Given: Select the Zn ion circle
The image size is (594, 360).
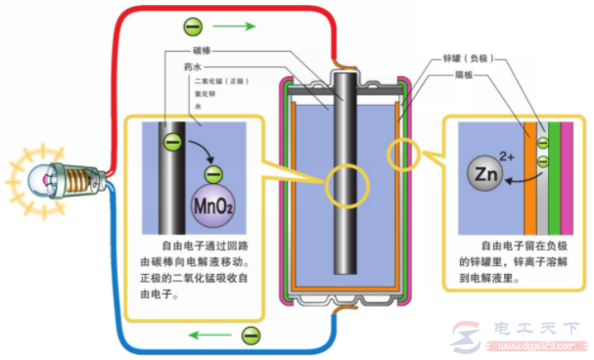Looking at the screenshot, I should tap(486, 176).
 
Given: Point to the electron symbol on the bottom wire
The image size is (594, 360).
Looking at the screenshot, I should tap(252, 336).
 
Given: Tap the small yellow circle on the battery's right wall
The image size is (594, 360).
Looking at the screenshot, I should tap(403, 154).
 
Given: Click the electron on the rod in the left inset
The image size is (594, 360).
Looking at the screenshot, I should tap(170, 143).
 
